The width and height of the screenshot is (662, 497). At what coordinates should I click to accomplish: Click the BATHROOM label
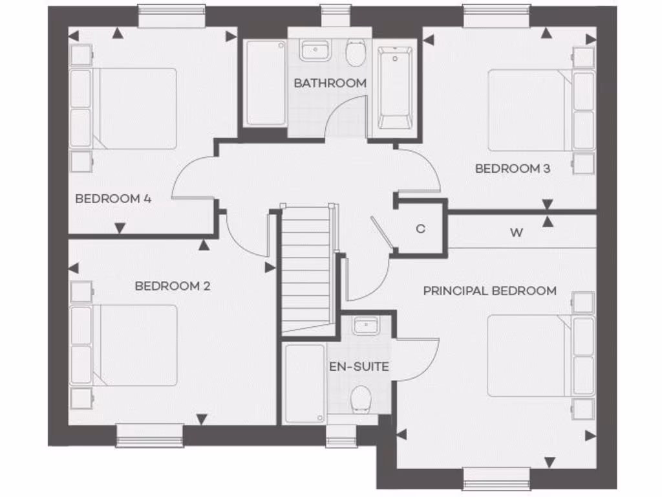tap(330, 83)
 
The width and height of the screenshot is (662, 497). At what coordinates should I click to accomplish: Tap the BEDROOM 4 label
tap(113, 199)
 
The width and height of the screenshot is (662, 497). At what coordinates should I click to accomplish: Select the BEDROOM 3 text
tap(513, 168)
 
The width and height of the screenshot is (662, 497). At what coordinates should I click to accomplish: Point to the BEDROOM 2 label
tap(173, 285)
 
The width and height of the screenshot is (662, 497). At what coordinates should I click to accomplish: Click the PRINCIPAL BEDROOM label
tap(489, 291)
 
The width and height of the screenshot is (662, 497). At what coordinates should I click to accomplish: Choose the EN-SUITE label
tap(359, 367)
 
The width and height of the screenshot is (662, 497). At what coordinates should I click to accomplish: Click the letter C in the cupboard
tap(420, 228)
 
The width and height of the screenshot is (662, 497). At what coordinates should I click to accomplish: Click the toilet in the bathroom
tap(355, 53)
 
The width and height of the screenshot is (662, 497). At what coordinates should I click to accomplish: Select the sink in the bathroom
tap(315, 50)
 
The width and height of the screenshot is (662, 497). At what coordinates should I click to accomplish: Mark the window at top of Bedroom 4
tap(171, 16)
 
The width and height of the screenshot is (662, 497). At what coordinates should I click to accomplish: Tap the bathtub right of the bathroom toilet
tap(394, 87)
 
